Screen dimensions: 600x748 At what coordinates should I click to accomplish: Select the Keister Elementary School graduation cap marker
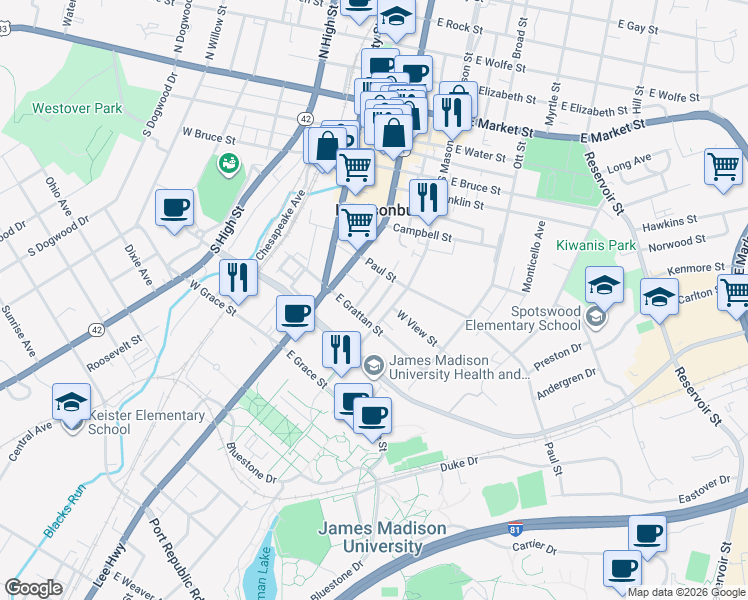pos(72,403)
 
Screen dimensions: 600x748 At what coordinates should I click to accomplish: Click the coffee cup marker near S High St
pos(175,209)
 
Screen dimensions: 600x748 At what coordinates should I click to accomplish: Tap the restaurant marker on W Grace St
pos(237,278)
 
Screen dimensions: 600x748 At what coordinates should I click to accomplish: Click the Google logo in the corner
pos(33,588)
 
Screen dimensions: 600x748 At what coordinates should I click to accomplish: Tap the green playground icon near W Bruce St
pos(228,162)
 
